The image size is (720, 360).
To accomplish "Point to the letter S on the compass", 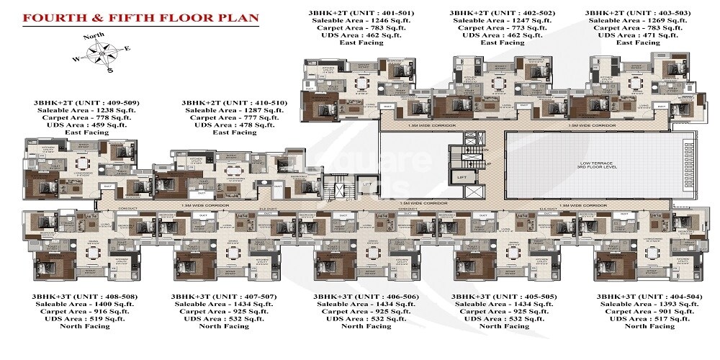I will tap(110, 71).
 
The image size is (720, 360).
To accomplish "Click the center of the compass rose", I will tap(104, 54).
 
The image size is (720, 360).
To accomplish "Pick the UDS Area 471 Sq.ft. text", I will tap(628, 33).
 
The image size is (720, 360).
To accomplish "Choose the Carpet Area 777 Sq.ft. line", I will tap(235, 123).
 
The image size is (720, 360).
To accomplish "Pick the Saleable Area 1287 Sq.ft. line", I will tap(235, 114).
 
